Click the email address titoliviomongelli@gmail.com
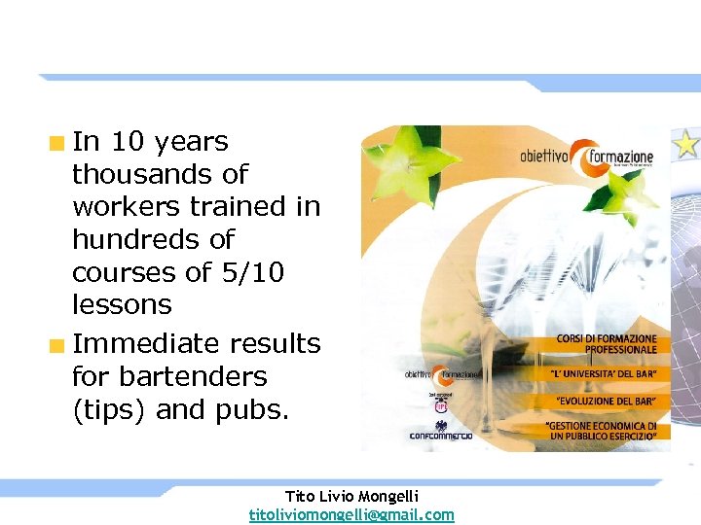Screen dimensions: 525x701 [351, 514]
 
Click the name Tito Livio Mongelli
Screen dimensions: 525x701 [351, 496]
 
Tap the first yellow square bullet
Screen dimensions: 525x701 [58, 144]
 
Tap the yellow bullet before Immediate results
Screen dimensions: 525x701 [58, 345]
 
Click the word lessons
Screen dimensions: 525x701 [122, 305]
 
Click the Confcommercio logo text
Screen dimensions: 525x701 [441, 436]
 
